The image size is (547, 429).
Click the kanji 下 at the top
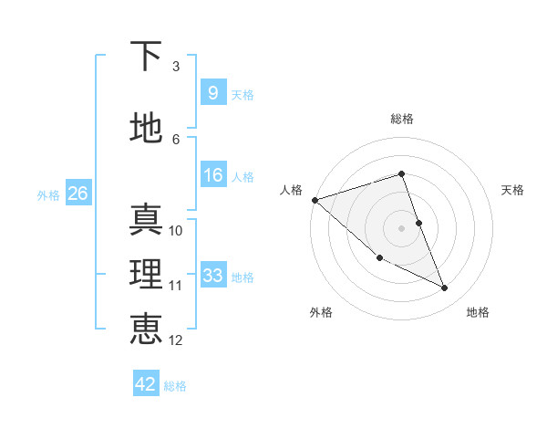147,57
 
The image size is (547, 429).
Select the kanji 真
147,220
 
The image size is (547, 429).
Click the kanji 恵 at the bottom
147,330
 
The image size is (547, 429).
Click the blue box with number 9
212,93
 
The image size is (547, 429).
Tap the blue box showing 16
212,175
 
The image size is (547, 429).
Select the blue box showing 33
212,276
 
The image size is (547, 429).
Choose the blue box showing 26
77,194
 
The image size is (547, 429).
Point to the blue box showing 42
146,384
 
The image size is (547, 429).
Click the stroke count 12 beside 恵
176,340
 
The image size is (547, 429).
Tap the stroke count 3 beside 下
176,67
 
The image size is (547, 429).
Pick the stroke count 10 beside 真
176,231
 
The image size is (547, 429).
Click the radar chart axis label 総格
402,119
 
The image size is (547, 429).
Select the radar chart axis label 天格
512,190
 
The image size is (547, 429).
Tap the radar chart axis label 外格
321,312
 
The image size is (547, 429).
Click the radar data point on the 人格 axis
315,199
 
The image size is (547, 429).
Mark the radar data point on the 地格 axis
444,288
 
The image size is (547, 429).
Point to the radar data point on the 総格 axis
402,174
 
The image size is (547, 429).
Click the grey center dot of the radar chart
402,227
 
